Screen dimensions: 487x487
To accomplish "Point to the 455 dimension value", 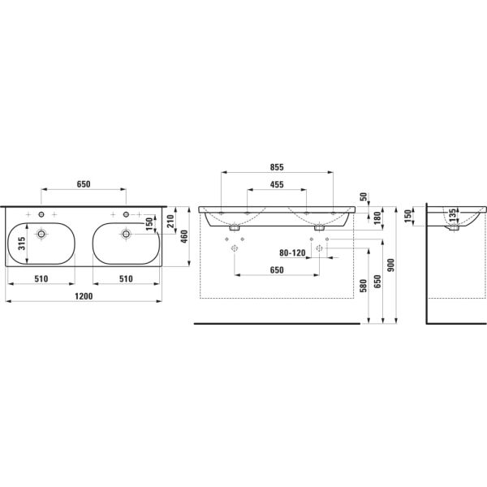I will click(x=276, y=185).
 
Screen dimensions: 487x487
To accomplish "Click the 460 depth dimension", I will click(x=184, y=235).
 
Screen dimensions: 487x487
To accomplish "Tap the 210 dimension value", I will click(x=171, y=220).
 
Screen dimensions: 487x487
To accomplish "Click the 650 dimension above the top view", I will click(x=84, y=183).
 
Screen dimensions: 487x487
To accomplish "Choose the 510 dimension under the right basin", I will click(x=126, y=278).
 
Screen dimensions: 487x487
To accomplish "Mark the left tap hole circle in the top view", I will click(x=41, y=214).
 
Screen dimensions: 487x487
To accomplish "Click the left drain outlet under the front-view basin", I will click(x=234, y=228).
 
